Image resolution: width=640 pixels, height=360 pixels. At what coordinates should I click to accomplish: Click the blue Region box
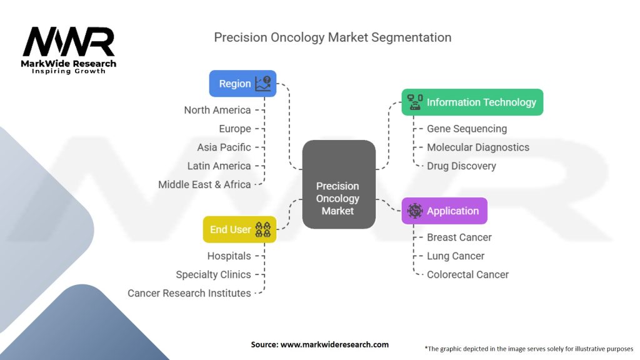[242, 84]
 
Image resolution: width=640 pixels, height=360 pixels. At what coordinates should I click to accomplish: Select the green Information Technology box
[472, 102]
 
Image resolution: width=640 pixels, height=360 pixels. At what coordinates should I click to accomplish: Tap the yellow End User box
[239, 229]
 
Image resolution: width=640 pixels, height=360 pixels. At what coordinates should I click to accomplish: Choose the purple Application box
[444, 211]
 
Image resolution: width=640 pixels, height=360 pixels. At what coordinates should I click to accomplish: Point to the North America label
[217, 110]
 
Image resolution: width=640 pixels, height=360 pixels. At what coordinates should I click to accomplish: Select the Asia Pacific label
[224, 147]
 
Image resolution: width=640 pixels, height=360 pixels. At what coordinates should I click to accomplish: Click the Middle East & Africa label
[204, 184]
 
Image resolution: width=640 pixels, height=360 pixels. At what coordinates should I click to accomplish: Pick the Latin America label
[219, 166]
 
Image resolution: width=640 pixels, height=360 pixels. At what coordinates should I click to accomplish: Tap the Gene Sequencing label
[467, 129]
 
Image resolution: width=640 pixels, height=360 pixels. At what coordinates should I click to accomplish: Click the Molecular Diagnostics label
[478, 147]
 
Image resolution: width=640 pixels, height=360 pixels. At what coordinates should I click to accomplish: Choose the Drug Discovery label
[461, 166]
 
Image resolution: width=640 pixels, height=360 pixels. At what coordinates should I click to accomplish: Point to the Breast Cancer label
[459, 237]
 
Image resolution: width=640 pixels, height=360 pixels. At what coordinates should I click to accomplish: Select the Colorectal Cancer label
[467, 274]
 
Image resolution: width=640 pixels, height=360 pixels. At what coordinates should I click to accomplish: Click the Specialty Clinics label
[213, 274]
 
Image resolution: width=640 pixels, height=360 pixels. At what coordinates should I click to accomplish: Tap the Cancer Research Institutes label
[189, 293]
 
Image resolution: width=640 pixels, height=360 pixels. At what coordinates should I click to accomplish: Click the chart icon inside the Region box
[264, 84]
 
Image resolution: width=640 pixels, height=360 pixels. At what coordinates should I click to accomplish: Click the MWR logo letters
[69, 42]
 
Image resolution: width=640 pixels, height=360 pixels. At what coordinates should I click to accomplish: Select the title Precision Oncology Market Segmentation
[332, 37]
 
